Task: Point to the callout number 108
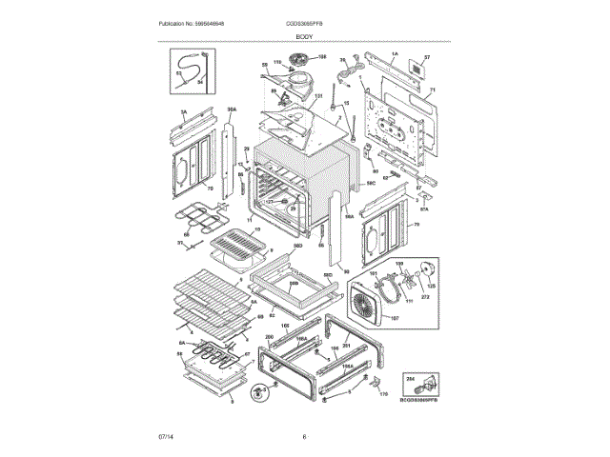point(322,57)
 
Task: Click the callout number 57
point(427,58)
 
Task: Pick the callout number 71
point(431,91)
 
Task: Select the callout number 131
point(318,96)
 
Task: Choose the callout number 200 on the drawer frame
point(269,338)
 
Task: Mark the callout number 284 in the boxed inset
point(412,378)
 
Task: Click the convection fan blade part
point(412,281)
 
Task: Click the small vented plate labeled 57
point(417,70)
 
